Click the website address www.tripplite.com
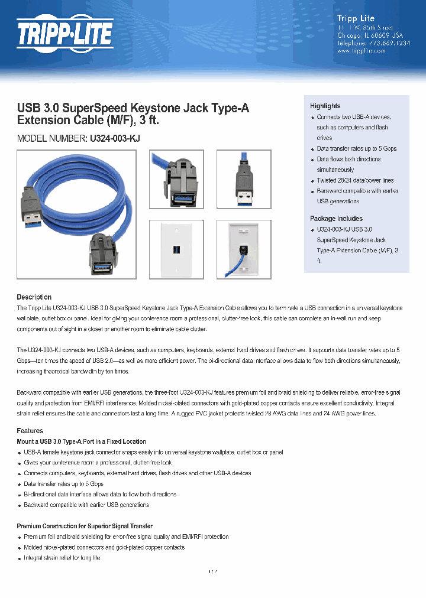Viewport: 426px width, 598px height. tap(361, 51)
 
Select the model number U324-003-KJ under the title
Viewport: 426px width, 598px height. tap(115, 138)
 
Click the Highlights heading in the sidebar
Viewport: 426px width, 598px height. tap(325, 106)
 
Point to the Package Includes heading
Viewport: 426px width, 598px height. tap(336, 218)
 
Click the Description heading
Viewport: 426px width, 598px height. tap(34, 297)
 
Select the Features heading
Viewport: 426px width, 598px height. tap(30, 431)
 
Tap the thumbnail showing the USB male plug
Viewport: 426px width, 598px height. tap(244, 179)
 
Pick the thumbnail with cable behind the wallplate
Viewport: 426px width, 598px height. tap(244, 249)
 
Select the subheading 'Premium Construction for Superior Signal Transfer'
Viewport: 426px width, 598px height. tap(85, 526)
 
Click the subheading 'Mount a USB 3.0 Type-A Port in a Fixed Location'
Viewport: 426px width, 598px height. tap(81, 441)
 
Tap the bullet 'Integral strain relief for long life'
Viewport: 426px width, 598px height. tap(62, 558)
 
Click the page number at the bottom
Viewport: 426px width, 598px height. tap(213, 572)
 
